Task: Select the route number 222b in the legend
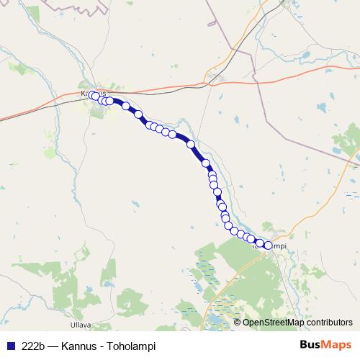[34, 346]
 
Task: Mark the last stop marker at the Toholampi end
[269, 246]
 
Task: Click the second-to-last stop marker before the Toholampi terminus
[260, 243]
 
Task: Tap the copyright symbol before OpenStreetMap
[237, 323]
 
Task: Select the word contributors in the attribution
[328, 323]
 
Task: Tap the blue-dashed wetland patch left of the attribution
[216, 317]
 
